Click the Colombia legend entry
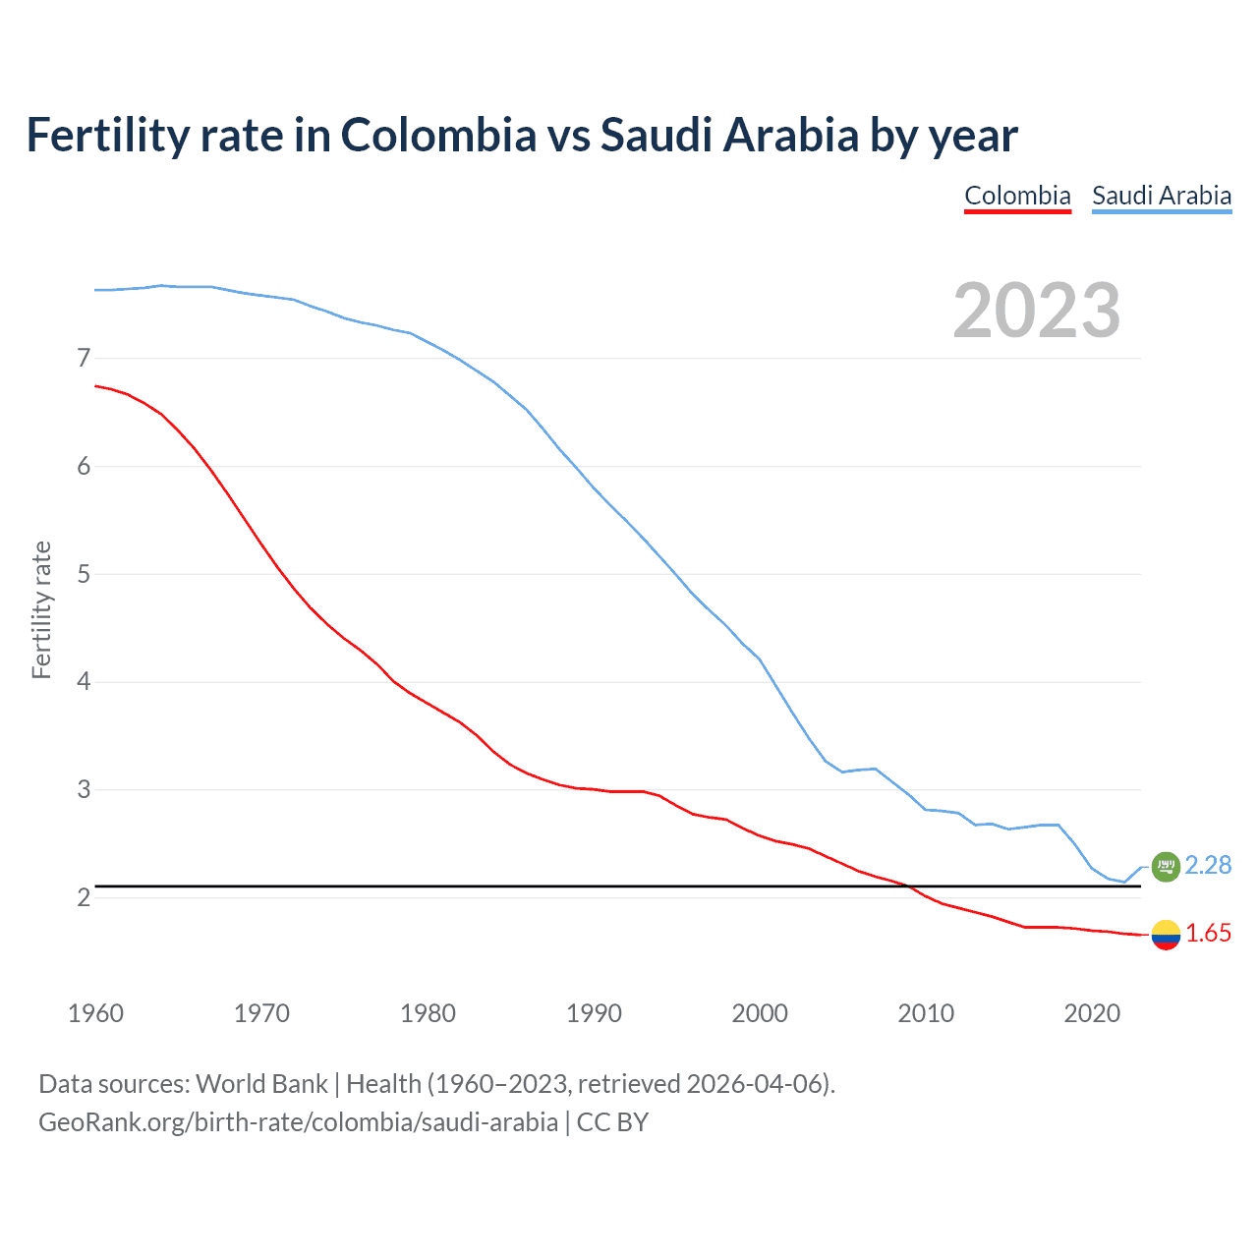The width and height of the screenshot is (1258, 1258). (1017, 196)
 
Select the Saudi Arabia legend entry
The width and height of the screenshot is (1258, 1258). (1162, 196)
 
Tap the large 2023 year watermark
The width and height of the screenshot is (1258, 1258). (1037, 311)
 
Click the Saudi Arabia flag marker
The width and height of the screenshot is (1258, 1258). (1166, 866)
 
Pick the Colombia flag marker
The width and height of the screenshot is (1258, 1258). (1166, 934)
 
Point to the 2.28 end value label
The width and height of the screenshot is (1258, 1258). (1208, 865)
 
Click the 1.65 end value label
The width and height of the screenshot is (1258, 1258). (1208, 934)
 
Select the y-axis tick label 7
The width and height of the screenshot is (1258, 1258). (84, 359)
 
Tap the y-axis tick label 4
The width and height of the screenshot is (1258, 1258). (84, 682)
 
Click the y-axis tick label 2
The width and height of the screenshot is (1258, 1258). (84, 897)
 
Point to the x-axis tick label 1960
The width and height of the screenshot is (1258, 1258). (95, 1013)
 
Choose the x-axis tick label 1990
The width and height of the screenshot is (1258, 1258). (594, 1013)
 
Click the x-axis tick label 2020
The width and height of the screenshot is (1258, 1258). (1092, 1013)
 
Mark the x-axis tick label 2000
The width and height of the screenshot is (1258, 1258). (760, 1013)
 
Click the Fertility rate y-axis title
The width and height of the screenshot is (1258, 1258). (41, 609)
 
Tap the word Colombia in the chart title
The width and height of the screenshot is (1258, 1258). (438, 135)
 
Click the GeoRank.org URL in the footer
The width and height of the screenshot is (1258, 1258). (298, 1122)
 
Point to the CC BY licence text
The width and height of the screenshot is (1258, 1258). (612, 1122)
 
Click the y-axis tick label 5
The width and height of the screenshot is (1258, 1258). (84, 574)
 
